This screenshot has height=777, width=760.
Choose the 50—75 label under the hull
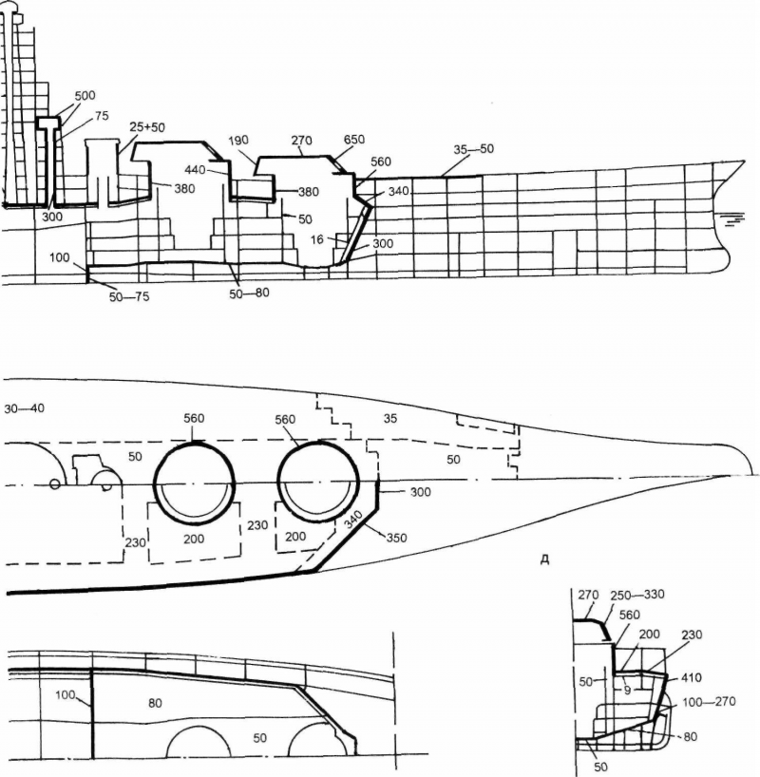coord(130,297)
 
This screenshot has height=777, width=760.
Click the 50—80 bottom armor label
coord(250,293)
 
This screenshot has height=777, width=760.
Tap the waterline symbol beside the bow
coord(734,218)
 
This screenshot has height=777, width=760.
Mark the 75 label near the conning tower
coord(102,117)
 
